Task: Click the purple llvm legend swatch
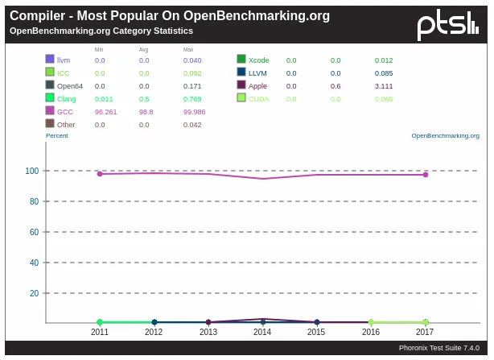[50, 60]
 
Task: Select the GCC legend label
[65, 112]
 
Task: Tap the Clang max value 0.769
[192, 99]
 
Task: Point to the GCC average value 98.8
[146, 112]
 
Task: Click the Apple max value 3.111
[384, 86]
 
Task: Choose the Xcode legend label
[259, 60]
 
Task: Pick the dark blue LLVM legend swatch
[241, 72]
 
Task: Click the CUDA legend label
[259, 99]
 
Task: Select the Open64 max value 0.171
[192, 86]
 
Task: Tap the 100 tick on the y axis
[32, 171]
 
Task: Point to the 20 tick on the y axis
[35, 293]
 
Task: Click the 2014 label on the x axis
[262, 332]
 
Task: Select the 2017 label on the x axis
[425, 332]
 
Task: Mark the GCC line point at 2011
[100, 174]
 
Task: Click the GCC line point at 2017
[425, 175]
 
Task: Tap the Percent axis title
[57, 135]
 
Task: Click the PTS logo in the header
[447, 25]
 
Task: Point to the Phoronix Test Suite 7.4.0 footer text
[438, 348]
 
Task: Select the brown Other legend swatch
[50, 124]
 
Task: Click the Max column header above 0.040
[188, 50]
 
